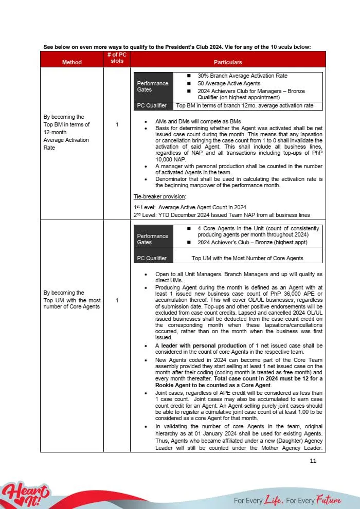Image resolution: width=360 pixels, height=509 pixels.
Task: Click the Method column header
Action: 71,62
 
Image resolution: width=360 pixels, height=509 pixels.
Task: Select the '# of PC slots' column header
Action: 117,58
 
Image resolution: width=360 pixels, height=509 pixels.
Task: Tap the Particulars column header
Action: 228,62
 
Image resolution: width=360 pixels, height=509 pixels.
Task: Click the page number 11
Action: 313,461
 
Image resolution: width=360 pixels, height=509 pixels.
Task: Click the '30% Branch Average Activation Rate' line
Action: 242,76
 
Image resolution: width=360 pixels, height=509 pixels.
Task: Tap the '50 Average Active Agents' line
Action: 229,83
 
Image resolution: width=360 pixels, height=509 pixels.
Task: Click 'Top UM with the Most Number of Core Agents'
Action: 247,258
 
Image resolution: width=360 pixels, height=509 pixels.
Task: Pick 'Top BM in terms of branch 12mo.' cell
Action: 244,105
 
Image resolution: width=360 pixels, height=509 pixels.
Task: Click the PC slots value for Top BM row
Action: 117,124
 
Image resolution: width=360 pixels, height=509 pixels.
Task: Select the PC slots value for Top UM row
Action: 117,300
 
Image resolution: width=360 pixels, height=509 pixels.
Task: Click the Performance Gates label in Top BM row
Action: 152,86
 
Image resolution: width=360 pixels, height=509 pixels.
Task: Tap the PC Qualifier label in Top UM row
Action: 152,258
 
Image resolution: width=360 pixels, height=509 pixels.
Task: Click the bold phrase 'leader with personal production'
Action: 204,346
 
